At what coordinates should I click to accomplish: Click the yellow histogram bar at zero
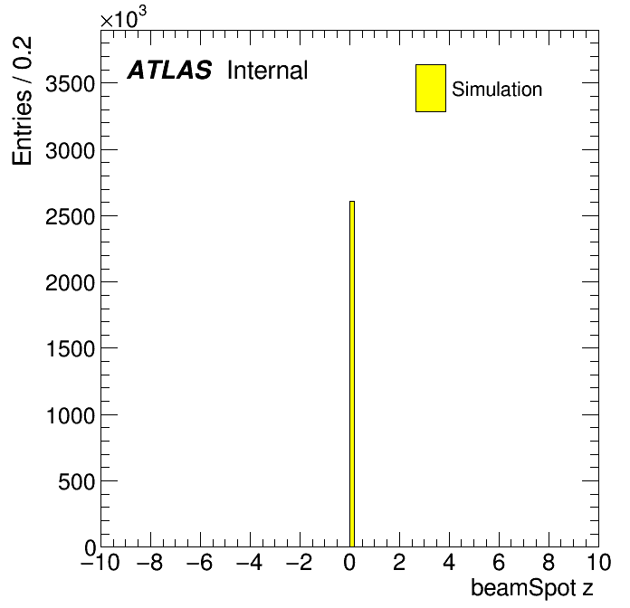point(352,374)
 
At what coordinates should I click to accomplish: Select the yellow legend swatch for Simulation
point(431,88)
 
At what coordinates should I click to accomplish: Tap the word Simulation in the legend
point(497,90)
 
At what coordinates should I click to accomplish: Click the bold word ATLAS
point(169,70)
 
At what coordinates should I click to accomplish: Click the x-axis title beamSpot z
point(532,588)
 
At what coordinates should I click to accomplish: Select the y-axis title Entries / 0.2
point(22,100)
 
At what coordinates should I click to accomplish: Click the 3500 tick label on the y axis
point(70,84)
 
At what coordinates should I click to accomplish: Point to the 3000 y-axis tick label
point(70,150)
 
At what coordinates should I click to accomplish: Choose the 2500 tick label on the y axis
point(70,217)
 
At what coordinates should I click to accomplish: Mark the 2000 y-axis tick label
point(70,282)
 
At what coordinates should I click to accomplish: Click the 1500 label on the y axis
point(71,348)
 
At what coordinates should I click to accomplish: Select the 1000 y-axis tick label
point(71,415)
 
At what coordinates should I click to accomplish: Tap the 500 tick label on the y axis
point(76,481)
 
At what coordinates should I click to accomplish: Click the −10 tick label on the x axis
point(100,562)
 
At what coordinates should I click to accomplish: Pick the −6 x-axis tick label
point(200,562)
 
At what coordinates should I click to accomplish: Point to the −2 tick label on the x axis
point(300,562)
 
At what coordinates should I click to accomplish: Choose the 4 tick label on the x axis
point(449,562)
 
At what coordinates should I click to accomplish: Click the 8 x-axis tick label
point(549,562)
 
